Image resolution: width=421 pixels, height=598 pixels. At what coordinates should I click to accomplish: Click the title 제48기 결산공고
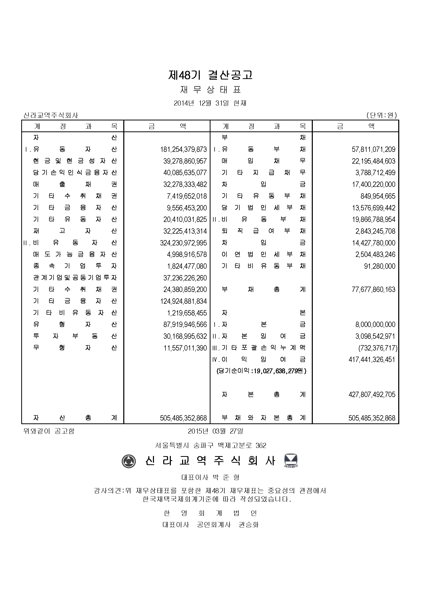pyautogui.click(x=210, y=75)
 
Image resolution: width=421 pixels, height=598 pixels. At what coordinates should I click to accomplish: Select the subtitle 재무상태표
pyautogui.click(x=210, y=90)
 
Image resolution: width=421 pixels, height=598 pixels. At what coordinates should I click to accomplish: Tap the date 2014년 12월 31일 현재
pyautogui.click(x=210, y=103)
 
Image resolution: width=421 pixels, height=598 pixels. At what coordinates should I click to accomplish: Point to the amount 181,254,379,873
pyautogui.click(x=183, y=150)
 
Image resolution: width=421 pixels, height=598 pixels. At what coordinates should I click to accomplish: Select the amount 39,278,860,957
pyautogui.click(x=185, y=161)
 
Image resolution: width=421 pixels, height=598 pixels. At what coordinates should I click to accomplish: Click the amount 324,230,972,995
pyautogui.click(x=183, y=243)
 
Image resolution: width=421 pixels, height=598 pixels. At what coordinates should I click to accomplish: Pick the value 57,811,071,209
pyautogui.click(x=374, y=150)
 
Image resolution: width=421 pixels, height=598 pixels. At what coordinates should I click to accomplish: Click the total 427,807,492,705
pyautogui.click(x=372, y=394)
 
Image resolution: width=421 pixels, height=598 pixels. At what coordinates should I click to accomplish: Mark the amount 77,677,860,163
pyautogui.click(x=374, y=290)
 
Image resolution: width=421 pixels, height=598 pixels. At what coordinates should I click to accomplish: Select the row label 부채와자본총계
pyautogui.click(x=263, y=418)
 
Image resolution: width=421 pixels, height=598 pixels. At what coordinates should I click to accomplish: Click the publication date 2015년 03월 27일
pyautogui.click(x=215, y=431)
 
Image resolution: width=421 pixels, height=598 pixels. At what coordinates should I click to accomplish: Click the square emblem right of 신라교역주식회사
pyautogui.click(x=291, y=461)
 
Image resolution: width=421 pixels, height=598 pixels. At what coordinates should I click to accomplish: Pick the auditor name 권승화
pyautogui.click(x=249, y=525)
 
